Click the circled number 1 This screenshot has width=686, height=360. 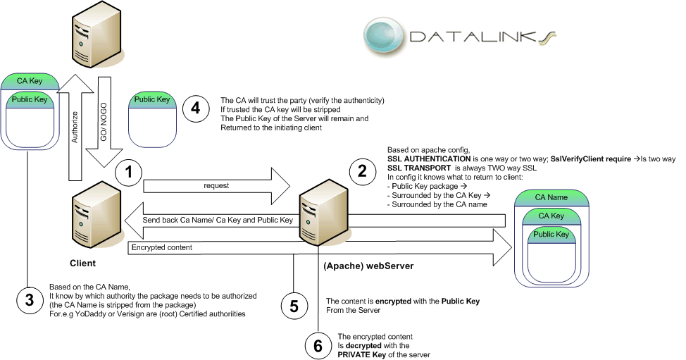click(129, 172)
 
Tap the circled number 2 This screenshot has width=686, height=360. click(362, 170)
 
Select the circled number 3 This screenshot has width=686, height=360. click(30, 301)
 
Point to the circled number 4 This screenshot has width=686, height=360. click(196, 108)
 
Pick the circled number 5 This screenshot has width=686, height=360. click(294, 306)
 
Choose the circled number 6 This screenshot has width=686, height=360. click(318, 346)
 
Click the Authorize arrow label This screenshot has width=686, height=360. click(75, 127)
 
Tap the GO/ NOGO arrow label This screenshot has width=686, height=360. click(104, 122)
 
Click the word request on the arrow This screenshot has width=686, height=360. click(216, 185)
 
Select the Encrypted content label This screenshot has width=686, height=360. click(162, 247)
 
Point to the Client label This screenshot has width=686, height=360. click(82, 263)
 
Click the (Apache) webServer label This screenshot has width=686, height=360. click(368, 266)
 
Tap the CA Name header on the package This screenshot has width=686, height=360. click(551, 197)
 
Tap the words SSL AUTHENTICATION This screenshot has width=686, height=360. click(429, 159)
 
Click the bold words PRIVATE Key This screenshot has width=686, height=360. click(361, 355)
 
